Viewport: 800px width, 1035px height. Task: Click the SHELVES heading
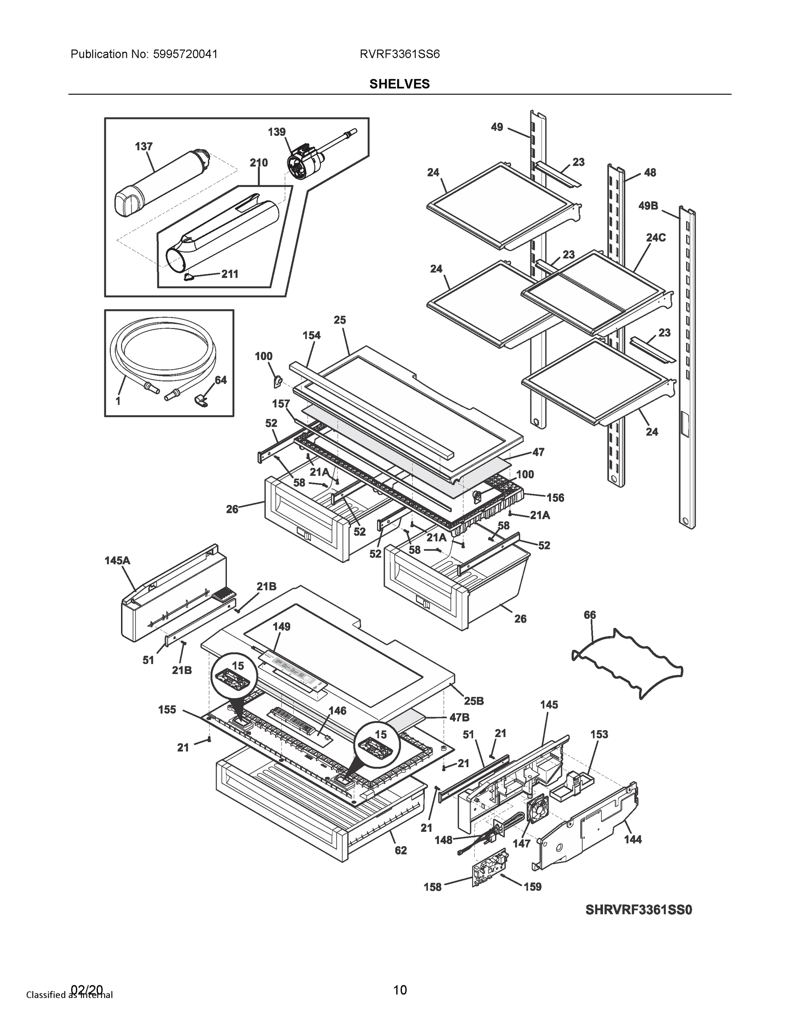tap(399, 84)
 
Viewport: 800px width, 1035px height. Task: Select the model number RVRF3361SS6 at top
tap(399, 54)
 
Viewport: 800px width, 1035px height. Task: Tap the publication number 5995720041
tap(185, 54)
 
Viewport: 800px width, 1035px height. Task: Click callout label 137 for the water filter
tap(144, 147)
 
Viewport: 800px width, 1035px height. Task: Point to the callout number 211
tap(230, 274)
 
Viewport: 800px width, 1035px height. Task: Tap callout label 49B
tap(648, 206)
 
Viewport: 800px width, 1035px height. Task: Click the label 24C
tap(656, 238)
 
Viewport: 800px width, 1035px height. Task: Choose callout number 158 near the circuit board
tap(432, 887)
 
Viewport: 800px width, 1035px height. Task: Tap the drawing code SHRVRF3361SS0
tap(638, 910)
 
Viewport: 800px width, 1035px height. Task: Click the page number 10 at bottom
tap(399, 990)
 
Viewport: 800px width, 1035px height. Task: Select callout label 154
tap(311, 335)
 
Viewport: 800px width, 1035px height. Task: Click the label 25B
tap(474, 701)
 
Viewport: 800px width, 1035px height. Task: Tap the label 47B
tap(459, 718)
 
